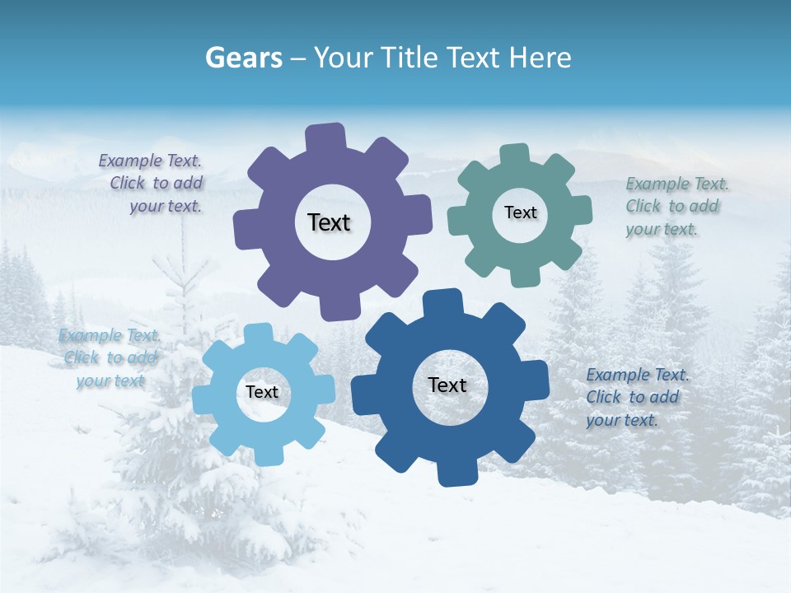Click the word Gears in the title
pyautogui.click(x=243, y=58)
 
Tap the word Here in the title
pyautogui.click(x=541, y=58)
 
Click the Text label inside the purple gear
pyautogui.click(x=329, y=222)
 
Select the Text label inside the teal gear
pyautogui.click(x=520, y=212)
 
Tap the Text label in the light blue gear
pyautogui.click(x=262, y=392)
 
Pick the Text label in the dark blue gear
pyautogui.click(x=447, y=385)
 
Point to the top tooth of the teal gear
pyautogui.click(x=515, y=156)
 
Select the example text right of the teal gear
pyautogui.click(x=676, y=206)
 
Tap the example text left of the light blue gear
pyautogui.click(x=110, y=358)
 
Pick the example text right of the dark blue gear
pyautogui.click(x=636, y=397)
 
